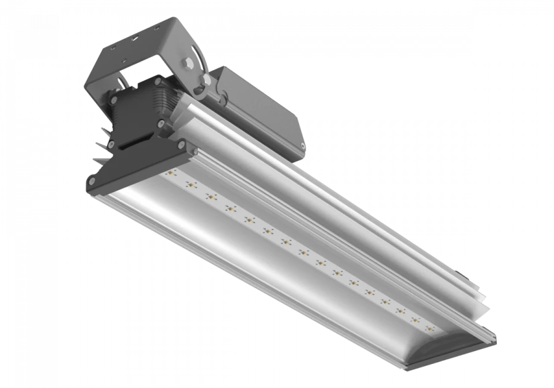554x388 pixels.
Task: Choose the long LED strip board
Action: pyautogui.click(x=295, y=249)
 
